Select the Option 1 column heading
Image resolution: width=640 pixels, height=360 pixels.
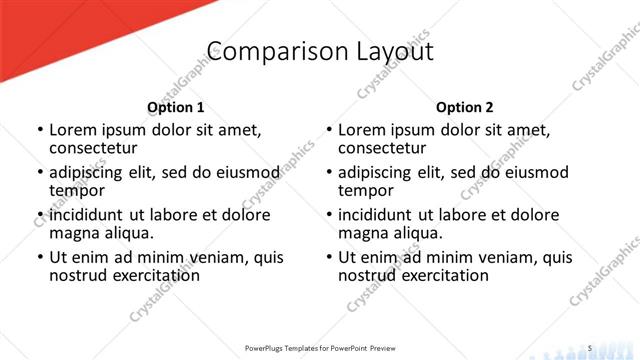(175, 106)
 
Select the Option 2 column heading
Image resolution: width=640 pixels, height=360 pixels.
(464, 106)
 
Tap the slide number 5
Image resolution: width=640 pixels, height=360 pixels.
(591, 347)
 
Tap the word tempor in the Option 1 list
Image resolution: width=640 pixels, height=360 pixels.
(76, 190)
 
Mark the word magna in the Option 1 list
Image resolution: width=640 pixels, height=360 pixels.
(73, 233)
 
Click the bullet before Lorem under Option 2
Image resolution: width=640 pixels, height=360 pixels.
(329, 130)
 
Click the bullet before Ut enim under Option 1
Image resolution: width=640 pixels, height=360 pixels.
(40, 257)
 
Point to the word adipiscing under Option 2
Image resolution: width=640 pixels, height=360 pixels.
(379, 172)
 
